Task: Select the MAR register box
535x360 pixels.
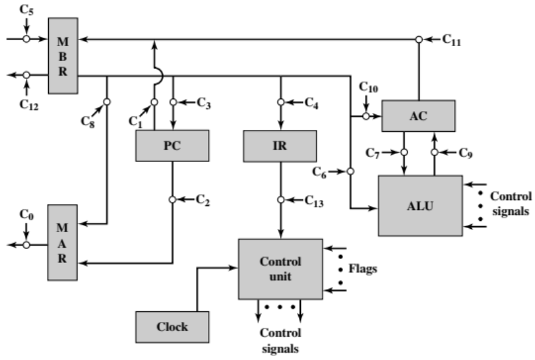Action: coord(62,245)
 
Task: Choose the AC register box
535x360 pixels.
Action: coord(418,115)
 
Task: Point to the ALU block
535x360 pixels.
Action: coord(420,205)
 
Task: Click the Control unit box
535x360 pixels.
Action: coord(280,269)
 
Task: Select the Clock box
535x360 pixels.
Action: coord(172,327)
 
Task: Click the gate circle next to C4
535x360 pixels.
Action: coord(280,102)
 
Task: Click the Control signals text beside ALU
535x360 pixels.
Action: coord(511,203)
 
